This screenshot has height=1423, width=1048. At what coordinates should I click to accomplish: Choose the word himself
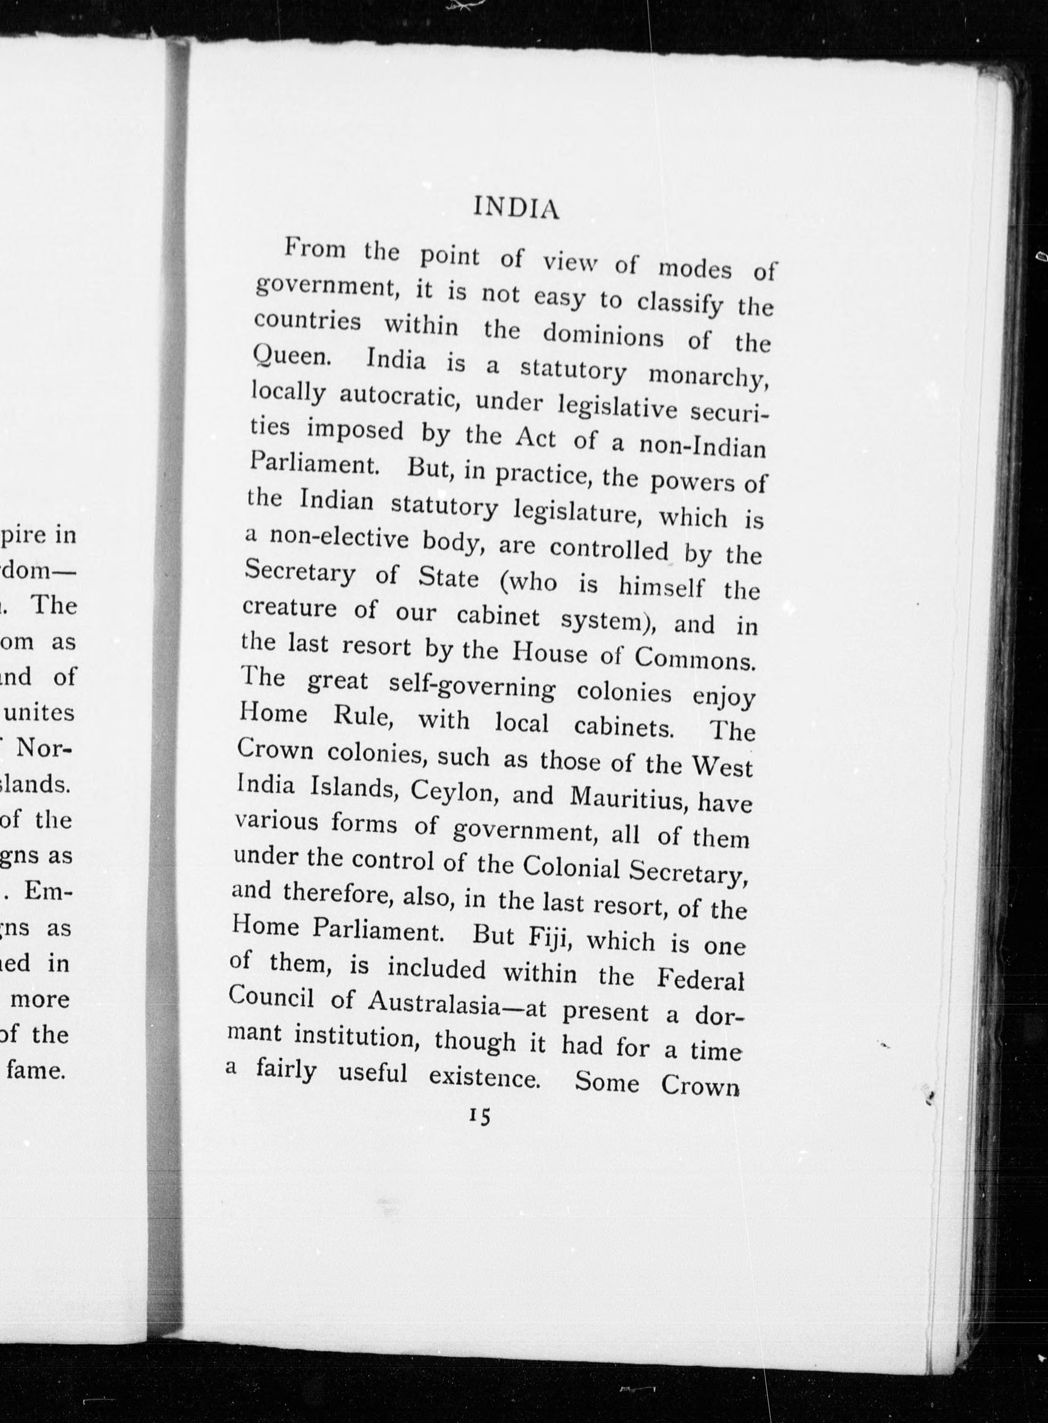pyautogui.click(x=661, y=587)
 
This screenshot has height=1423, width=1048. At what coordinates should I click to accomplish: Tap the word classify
pyautogui.click(x=679, y=303)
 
